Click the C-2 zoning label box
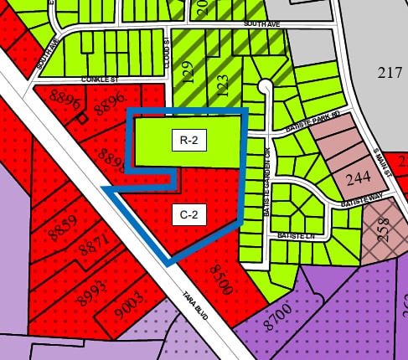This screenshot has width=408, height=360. [x=189, y=214]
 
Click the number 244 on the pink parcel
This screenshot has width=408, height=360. [x=358, y=177]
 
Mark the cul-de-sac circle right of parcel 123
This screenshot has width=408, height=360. [x=265, y=85]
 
